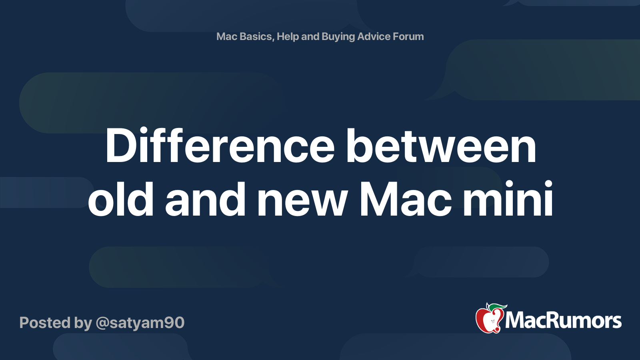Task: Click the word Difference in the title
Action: pyautogui.click(x=220, y=146)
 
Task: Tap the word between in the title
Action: pyautogui.click(x=441, y=146)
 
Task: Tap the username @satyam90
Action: pyautogui.click(x=140, y=323)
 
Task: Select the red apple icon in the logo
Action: pyautogui.click(x=488, y=320)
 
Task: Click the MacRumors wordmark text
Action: pyautogui.click(x=563, y=321)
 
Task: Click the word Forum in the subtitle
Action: pyautogui.click(x=408, y=36)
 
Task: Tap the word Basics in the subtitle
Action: pyautogui.click(x=255, y=36)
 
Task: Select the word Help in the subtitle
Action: pyautogui.click(x=288, y=36)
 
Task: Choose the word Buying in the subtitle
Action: pyautogui.click(x=338, y=37)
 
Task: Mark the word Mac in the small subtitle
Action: pyautogui.click(x=227, y=36)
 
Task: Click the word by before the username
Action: pyautogui.click(x=83, y=323)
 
